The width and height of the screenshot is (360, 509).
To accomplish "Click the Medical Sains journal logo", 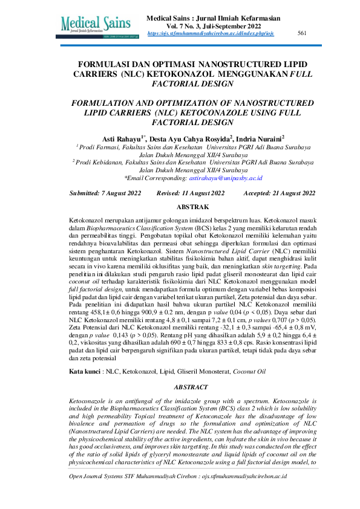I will [x=100, y=25].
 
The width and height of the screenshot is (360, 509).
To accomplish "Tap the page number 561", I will [x=303, y=34].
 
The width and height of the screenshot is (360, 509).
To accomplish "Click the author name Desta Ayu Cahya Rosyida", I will [x=190, y=138].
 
